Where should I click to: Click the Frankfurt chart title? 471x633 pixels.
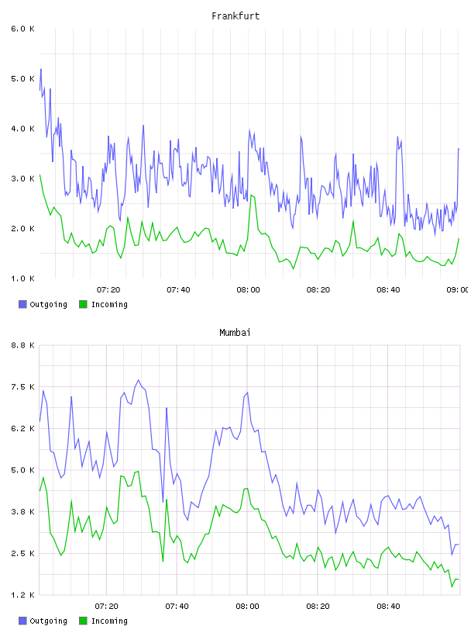pyautogui.click(x=235, y=16)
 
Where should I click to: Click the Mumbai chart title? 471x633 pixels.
pyautogui.click(x=235, y=333)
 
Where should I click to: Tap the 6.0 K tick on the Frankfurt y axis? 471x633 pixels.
pyautogui.click(x=23, y=29)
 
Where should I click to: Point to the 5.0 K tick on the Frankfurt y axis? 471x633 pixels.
pyautogui.click(x=23, y=78)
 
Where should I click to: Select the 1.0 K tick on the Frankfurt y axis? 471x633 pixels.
pyautogui.click(x=23, y=278)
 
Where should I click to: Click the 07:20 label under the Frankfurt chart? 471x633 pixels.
pyautogui.click(x=108, y=289)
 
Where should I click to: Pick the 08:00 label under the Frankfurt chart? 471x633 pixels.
pyautogui.click(x=249, y=289)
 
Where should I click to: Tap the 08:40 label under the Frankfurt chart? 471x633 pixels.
pyautogui.click(x=388, y=289)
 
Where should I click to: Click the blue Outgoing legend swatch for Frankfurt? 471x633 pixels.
pyautogui.click(x=22, y=304)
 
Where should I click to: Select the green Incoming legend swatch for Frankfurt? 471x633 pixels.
pyautogui.click(x=83, y=304)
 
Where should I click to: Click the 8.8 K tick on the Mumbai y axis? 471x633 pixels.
pyautogui.click(x=23, y=345)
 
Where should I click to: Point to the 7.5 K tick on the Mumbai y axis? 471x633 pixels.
pyautogui.click(x=23, y=387)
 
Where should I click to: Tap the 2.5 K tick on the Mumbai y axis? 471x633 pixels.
pyautogui.click(x=23, y=553)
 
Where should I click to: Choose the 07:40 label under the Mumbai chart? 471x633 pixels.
pyautogui.click(x=177, y=606)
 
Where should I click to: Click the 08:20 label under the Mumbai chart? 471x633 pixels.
pyautogui.click(x=318, y=606)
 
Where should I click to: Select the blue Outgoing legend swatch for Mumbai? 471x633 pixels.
pyautogui.click(x=22, y=621)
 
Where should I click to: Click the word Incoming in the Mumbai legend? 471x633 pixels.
pyautogui.click(x=109, y=621)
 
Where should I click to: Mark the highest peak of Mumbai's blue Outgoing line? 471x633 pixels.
pyautogui.click(x=139, y=380)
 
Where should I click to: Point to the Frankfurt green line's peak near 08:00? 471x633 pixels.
pyautogui.click(x=251, y=195)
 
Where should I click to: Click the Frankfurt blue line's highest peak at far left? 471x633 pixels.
pyautogui.click(x=41, y=69)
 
